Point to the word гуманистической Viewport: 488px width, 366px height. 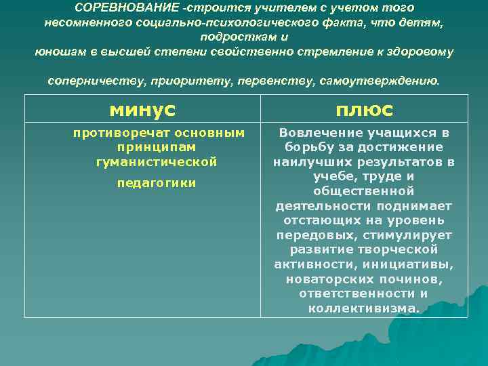click(157, 162)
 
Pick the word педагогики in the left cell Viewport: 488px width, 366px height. click(157, 183)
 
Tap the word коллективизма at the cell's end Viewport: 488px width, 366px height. click(363, 308)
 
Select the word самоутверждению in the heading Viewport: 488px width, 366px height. click(384, 81)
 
